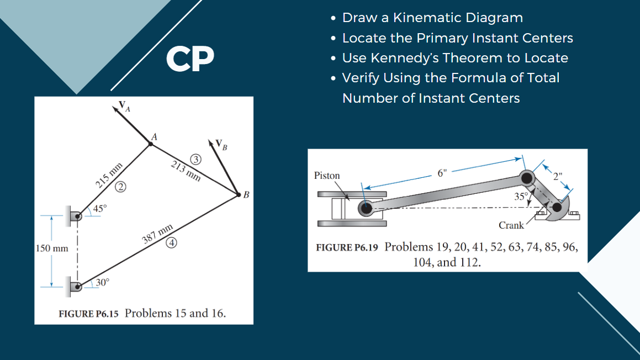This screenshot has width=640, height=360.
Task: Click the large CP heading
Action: point(190,59)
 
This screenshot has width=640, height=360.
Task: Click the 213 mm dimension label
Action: point(185,171)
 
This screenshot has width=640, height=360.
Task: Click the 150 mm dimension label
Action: point(52,248)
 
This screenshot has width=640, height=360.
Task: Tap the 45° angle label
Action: point(100,209)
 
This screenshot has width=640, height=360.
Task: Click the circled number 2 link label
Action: point(120,188)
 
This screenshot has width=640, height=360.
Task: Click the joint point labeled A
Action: point(150,144)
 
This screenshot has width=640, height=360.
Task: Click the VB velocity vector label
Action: point(221,146)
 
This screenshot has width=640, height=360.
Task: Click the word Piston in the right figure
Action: point(327,176)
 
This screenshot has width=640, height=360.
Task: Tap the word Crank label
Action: point(511,225)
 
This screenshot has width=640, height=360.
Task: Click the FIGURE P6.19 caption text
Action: point(347,247)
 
